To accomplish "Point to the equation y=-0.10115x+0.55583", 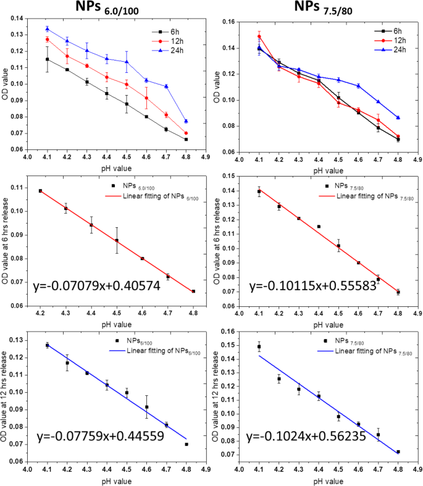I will (x=314, y=288).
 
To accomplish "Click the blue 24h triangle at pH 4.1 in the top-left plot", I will (x=48, y=28).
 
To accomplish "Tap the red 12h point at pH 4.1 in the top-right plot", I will (x=259, y=36).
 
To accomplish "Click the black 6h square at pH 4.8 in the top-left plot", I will (x=186, y=140).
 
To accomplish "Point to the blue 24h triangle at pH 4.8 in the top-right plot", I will (x=398, y=117).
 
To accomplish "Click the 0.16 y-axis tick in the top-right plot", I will (x=230, y=22).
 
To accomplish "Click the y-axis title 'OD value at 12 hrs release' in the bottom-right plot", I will (x=217, y=398).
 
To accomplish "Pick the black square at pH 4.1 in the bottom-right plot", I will (x=259, y=347).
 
